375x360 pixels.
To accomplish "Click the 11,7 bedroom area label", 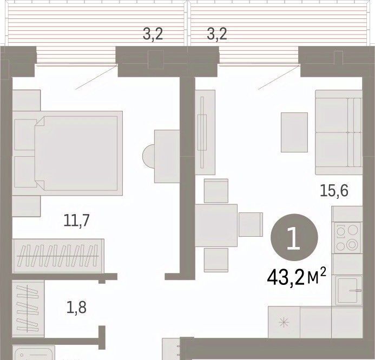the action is coord(76,220).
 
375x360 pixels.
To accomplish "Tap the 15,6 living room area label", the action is coord(334,191).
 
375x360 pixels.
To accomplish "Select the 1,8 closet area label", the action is coord(76,308).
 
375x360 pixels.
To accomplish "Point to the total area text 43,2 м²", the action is coord(297,277).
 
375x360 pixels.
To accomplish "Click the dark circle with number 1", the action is coord(294,237).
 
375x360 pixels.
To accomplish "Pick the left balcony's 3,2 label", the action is coord(153,34).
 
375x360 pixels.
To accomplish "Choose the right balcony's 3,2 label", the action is coord(216,34).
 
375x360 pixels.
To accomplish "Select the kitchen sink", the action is coord(348,290).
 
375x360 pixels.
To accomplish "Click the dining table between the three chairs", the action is coord(216,225).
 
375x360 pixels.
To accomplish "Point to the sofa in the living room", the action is coord(339,132).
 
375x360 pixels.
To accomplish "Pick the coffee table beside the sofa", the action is coord(294,132).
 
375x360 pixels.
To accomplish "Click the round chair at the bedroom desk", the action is coord(148,156).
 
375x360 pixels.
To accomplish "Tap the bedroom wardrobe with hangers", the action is coord(58,256).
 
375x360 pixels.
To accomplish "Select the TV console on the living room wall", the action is coord(205,132).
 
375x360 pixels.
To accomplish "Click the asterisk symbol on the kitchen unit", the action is coord(284,323).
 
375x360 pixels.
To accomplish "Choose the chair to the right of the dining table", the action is coord(251,224).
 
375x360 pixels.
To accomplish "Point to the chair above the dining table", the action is coord(216,191).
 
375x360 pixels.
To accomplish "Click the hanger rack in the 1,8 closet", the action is coord(28,309).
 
